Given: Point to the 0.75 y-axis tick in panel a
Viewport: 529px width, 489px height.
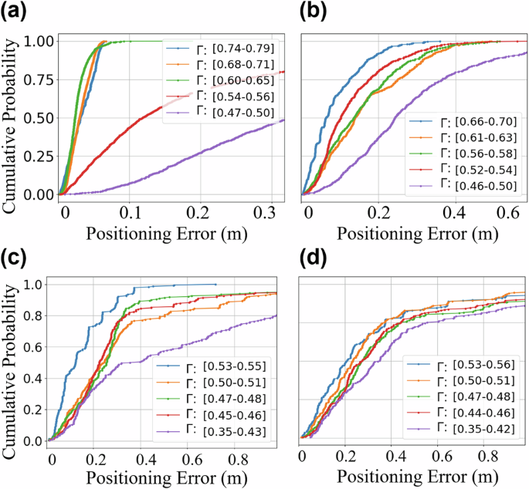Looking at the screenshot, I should pyautogui.click(x=42, y=79).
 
